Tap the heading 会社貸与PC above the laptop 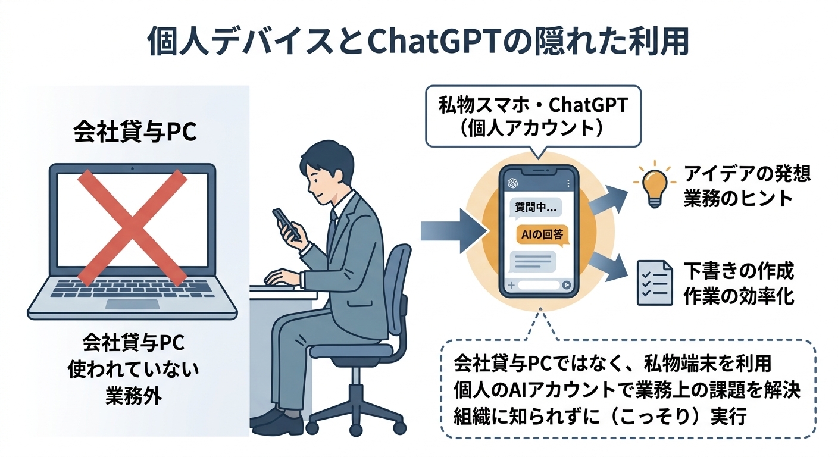134,133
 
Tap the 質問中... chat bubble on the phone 534,208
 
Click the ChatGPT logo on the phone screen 512,183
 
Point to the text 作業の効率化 747,296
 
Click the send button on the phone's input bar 566,285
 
